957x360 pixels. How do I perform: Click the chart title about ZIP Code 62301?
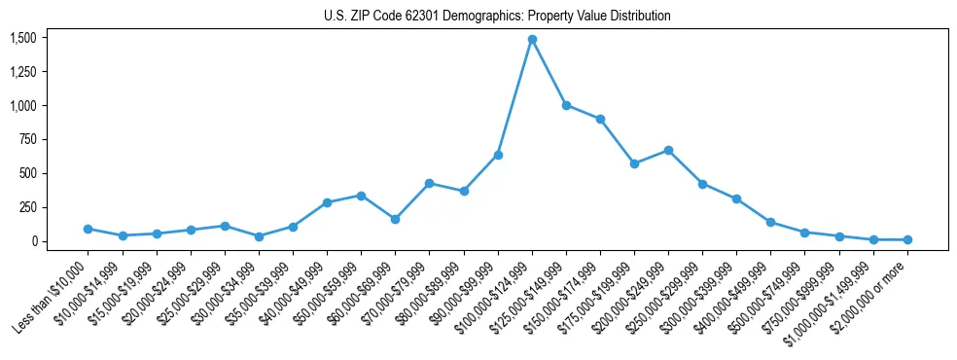point(497,17)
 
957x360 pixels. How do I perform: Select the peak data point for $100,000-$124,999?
point(532,40)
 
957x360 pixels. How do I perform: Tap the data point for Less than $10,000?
point(89,229)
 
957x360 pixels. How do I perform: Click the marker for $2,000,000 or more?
point(907,239)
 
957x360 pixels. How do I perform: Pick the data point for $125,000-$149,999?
point(566,105)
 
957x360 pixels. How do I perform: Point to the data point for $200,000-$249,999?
point(668,150)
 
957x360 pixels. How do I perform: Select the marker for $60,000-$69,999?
point(395,219)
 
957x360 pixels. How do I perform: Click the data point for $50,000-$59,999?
point(361,196)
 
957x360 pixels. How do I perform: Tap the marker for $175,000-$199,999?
point(634,163)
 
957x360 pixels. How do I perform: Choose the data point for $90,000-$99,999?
point(498,155)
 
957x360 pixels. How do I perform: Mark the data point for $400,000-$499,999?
point(770,222)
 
